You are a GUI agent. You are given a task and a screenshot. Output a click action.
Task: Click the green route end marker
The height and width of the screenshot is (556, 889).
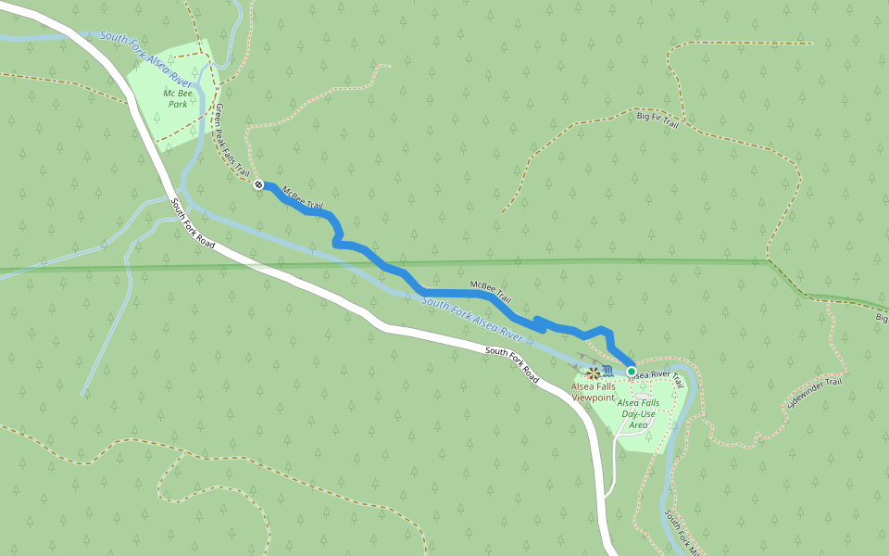632,372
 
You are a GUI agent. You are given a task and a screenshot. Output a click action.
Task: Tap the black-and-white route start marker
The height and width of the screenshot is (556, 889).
259,184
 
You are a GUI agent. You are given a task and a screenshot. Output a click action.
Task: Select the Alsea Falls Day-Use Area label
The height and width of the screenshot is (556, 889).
638,413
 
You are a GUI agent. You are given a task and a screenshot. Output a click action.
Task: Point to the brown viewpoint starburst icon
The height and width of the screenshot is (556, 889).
593,372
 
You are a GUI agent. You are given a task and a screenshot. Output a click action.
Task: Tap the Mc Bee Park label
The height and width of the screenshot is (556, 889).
175,98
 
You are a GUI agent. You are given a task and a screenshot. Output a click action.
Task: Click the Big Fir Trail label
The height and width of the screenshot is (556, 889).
657,120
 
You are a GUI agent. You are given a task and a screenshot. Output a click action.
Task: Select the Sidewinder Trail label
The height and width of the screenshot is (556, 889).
815,394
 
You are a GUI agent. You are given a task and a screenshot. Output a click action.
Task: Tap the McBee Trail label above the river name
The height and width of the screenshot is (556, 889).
490,292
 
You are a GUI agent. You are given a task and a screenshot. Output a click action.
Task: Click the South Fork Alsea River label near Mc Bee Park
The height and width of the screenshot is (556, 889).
146,59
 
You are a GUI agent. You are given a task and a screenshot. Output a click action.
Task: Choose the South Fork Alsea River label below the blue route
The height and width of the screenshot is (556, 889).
471,315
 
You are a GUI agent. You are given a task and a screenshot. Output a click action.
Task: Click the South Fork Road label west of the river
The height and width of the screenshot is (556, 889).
194,223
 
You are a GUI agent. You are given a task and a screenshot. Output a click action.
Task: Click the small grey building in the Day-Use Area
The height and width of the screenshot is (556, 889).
642,396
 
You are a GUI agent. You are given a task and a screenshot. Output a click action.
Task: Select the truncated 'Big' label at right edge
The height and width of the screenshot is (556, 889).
882,318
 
